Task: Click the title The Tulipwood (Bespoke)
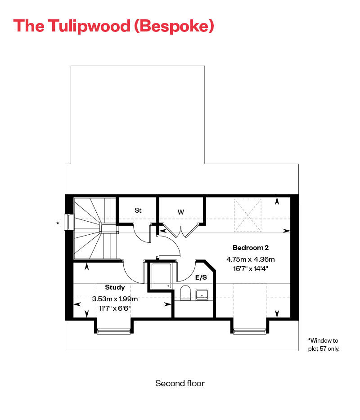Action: (113, 26)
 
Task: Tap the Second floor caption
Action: (180, 384)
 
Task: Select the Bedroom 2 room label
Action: (251, 248)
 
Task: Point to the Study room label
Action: (115, 287)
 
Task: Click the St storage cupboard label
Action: (138, 210)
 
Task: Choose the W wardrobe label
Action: (181, 211)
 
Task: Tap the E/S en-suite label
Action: (201, 277)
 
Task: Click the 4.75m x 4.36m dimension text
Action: (251, 259)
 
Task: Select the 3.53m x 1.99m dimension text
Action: (115, 299)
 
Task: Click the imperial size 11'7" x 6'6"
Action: (115, 308)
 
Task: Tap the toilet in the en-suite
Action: (185, 294)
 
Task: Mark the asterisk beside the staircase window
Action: (58, 223)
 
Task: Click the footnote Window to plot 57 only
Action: (323, 344)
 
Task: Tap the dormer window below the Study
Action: (114, 331)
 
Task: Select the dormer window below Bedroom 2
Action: (250, 331)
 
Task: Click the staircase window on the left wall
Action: (69, 222)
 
